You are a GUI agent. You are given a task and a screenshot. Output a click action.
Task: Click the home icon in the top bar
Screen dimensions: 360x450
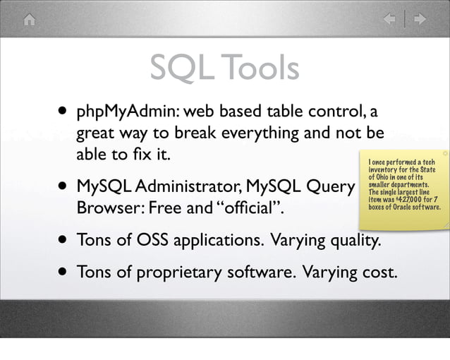click(x=29, y=20)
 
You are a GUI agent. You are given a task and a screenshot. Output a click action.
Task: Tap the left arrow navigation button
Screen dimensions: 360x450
click(x=389, y=20)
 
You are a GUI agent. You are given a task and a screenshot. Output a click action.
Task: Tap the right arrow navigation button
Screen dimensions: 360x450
click(x=420, y=20)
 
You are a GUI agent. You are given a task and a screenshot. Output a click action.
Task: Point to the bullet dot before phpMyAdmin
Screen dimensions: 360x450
click(x=64, y=112)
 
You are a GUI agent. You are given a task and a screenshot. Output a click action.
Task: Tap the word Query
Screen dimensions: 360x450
click(x=327, y=188)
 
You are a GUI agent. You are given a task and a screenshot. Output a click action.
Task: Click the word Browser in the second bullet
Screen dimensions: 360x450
click(x=106, y=209)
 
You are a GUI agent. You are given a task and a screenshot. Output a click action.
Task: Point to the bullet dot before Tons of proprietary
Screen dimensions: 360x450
click(x=64, y=271)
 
